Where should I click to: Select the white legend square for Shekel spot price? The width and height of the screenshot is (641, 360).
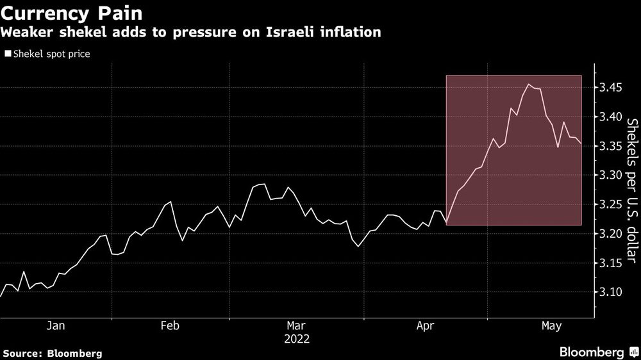[8, 54]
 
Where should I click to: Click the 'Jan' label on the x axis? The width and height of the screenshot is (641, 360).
[56, 326]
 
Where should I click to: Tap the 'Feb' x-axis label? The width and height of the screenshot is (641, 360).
[169, 326]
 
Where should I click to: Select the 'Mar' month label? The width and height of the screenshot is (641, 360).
[297, 326]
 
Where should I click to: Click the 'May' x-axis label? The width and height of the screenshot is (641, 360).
[551, 326]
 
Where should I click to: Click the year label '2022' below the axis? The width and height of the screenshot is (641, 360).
[297, 339]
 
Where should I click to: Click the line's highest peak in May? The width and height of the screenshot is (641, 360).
[529, 85]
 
